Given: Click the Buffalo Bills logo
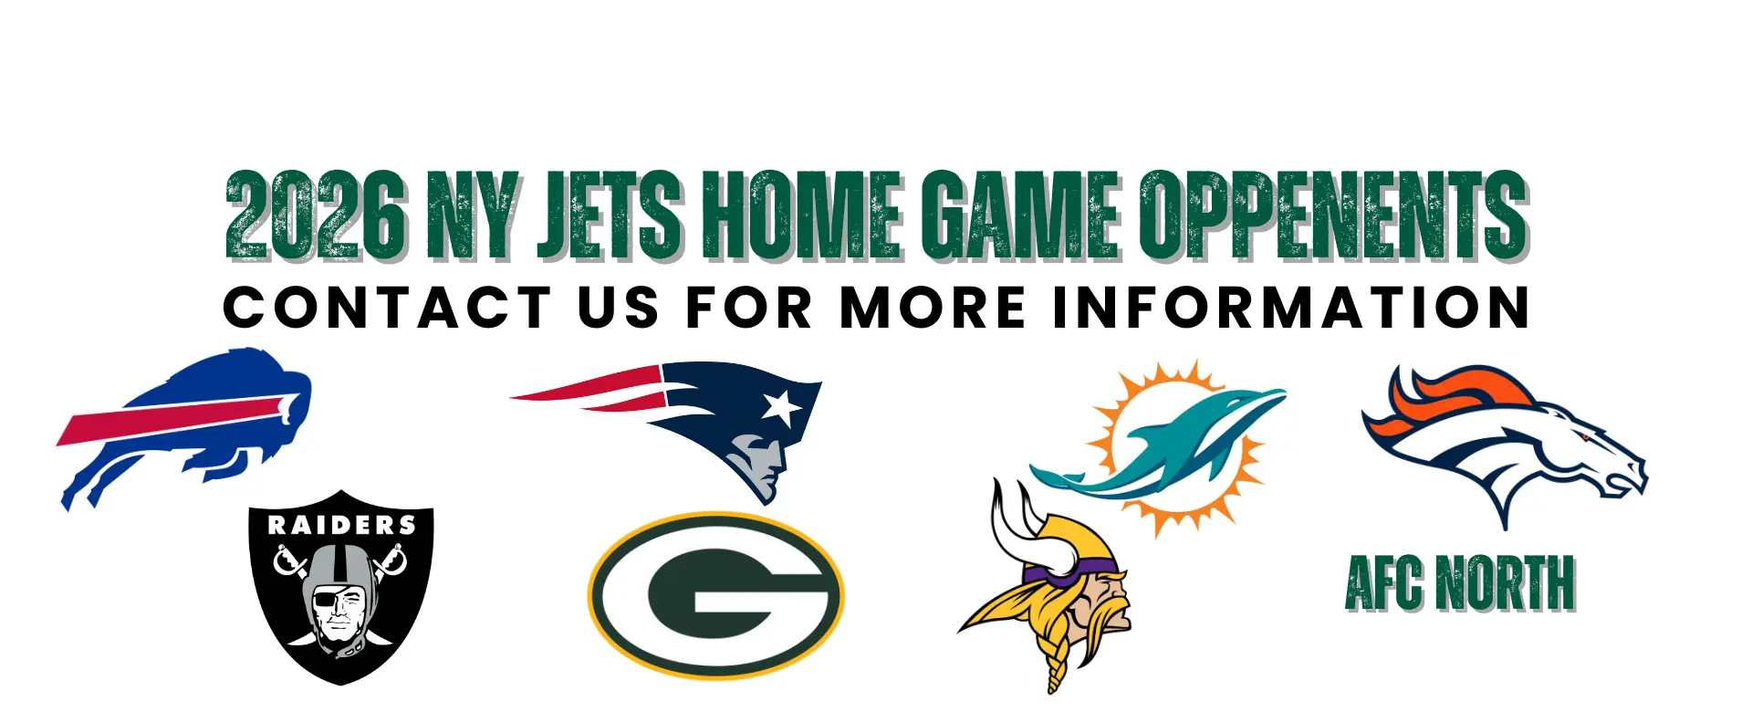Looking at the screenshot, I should click(182, 424).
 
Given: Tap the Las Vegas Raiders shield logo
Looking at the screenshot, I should click(340, 589).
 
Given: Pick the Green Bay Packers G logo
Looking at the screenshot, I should click(716, 595).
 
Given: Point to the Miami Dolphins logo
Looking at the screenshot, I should click(1173, 447).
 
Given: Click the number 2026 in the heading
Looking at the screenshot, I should click(315, 215).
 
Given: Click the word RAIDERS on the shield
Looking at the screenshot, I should click(341, 525).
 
